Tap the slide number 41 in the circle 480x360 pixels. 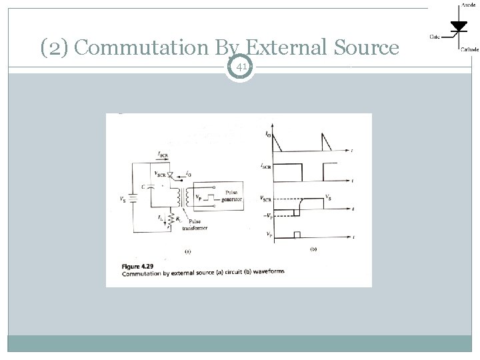point(241,66)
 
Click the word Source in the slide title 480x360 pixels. point(365,48)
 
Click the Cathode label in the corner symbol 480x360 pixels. point(467,49)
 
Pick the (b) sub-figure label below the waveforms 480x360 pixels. point(314,249)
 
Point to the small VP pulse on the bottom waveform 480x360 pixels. point(298,233)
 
